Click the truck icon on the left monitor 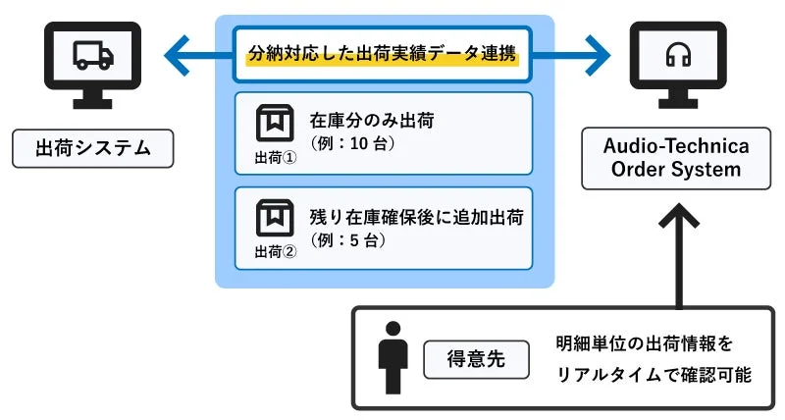point(93,56)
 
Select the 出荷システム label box point(92,148)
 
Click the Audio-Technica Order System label point(677,158)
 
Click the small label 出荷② point(275,251)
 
